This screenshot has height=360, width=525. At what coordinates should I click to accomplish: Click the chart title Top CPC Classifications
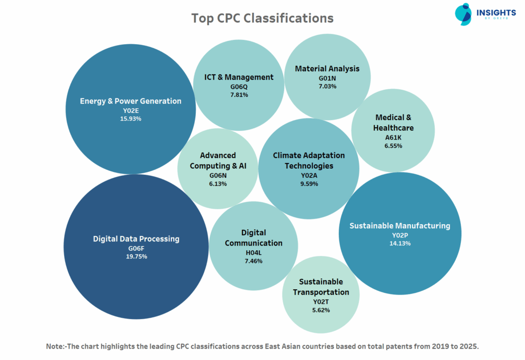click(x=262, y=18)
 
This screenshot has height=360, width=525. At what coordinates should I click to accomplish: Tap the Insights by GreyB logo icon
click(x=463, y=14)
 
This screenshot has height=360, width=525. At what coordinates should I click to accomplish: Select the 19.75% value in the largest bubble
click(x=136, y=256)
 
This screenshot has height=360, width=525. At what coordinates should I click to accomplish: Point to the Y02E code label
click(x=131, y=110)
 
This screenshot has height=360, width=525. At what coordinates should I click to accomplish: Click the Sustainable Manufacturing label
click(x=399, y=226)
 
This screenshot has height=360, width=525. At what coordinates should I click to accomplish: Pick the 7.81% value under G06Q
click(x=239, y=95)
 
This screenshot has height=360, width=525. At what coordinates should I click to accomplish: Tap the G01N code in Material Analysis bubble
click(x=327, y=78)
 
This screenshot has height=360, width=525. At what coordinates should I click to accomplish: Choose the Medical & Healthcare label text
click(x=393, y=123)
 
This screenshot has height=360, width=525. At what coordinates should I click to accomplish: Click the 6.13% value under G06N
click(x=218, y=184)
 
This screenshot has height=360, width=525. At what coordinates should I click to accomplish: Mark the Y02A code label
click(x=309, y=175)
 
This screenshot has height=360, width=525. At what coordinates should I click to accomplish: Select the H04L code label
click(x=253, y=252)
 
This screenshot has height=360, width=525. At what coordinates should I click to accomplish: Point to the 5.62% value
click(x=321, y=310)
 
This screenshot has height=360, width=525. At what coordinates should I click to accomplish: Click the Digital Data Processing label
click(x=136, y=238)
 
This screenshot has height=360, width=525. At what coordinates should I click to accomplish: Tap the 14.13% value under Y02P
click(x=400, y=243)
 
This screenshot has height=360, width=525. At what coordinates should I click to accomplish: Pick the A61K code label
click(x=393, y=137)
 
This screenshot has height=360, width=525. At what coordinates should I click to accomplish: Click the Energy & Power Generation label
click(x=131, y=101)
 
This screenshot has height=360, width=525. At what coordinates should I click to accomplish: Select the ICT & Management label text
click(x=239, y=77)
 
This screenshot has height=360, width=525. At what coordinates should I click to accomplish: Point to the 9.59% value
click(x=309, y=184)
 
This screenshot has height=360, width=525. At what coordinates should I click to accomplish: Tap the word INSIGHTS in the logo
click(x=496, y=12)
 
